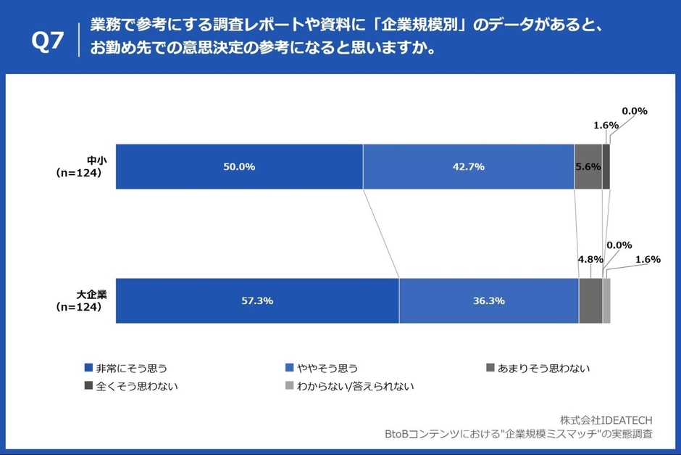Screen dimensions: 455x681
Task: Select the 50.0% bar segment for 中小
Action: pyautogui.click(x=238, y=166)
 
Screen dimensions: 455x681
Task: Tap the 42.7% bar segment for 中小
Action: pyautogui.click(x=468, y=166)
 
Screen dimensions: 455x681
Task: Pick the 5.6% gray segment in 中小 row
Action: pyautogui.click(x=588, y=166)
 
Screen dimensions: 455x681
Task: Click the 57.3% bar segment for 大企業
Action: pyautogui.click(x=257, y=300)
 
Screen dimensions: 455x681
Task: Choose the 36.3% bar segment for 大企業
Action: pyautogui.click(x=488, y=300)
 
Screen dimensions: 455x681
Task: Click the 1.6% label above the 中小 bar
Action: pyautogui.click(x=606, y=125)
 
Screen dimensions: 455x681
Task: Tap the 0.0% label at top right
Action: pyautogui.click(x=635, y=111)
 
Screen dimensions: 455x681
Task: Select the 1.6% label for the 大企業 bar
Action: pyautogui.click(x=647, y=259)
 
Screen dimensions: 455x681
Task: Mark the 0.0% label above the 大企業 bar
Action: pyautogui.click(x=619, y=245)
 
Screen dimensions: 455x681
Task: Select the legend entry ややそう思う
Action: pyautogui.click(x=326, y=368)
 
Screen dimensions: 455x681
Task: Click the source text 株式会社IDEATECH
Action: pyautogui.click(x=606, y=420)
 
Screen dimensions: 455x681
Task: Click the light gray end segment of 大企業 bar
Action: pyautogui.click(x=606, y=300)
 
